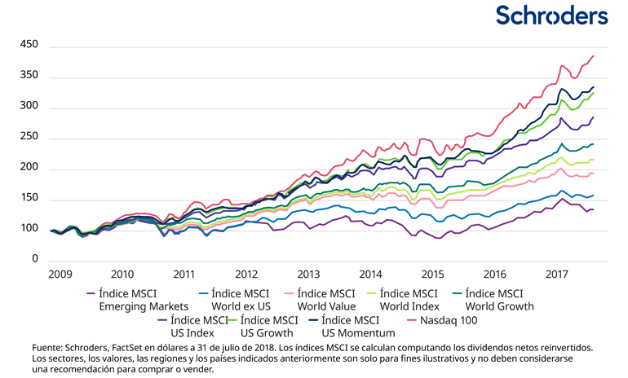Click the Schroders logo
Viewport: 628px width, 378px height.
coord(552,15)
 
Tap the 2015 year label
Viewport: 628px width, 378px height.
coord(432,275)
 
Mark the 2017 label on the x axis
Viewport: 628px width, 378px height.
coord(557,275)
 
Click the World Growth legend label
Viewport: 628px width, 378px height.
coord(500,300)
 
